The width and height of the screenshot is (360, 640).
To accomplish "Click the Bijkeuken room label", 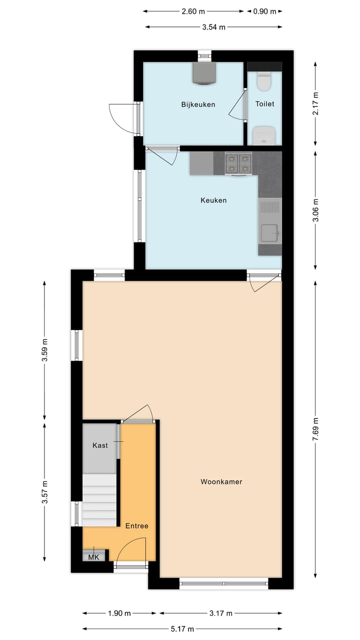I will pyautogui.click(x=198, y=104).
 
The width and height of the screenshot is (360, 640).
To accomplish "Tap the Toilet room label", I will pyautogui.click(x=264, y=104).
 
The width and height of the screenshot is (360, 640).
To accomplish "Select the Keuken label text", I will pyautogui.click(x=213, y=200).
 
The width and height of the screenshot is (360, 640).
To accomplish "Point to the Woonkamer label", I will pyautogui.click(x=221, y=482).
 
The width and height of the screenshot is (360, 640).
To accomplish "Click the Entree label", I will pyautogui.click(x=136, y=526).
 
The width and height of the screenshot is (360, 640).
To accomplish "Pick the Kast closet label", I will pyautogui.click(x=100, y=445).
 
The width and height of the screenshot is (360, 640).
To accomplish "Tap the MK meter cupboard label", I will pyautogui.click(x=93, y=557).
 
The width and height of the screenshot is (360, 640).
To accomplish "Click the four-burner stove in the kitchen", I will pyautogui.click(x=238, y=163).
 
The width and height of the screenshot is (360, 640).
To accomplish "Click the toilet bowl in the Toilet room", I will pyautogui.click(x=264, y=81).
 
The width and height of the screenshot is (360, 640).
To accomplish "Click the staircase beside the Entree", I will pyautogui.click(x=99, y=500).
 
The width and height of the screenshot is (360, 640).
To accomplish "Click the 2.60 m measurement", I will pyautogui.click(x=193, y=11).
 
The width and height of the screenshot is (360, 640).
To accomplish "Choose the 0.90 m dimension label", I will pyautogui.click(x=265, y=11).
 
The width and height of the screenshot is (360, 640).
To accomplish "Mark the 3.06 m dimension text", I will pyautogui.click(x=315, y=210).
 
